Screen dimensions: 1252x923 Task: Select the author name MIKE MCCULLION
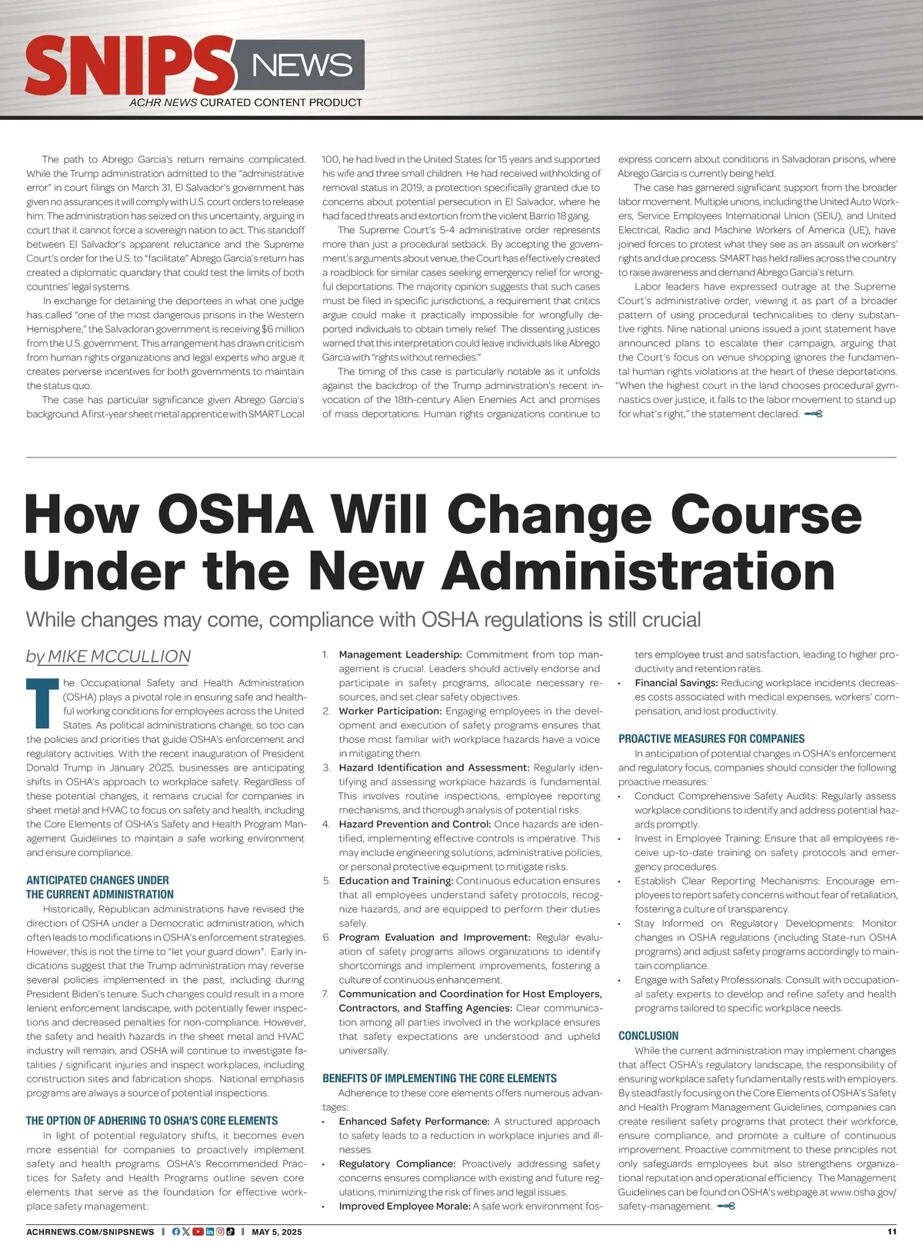point(118,656)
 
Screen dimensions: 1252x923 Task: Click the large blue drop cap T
point(42,702)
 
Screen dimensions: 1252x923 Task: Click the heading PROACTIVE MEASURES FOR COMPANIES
point(711,738)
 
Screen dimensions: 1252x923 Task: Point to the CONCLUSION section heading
point(648,1036)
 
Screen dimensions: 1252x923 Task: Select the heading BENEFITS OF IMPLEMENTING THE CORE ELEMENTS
point(439,1078)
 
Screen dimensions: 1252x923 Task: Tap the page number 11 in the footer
point(891,1231)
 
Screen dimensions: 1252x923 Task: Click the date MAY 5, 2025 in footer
point(276,1232)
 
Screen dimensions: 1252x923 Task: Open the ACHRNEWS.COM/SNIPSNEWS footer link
point(90,1232)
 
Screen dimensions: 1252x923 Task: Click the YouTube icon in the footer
point(198,1231)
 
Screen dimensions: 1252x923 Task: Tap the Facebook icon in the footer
point(176,1231)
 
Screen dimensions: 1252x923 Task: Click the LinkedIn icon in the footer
point(209,1231)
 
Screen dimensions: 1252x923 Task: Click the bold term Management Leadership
point(400,654)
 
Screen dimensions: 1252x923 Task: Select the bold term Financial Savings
point(676,683)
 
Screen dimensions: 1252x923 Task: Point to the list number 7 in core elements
point(326,994)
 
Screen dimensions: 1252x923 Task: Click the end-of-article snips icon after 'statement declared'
point(813,414)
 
